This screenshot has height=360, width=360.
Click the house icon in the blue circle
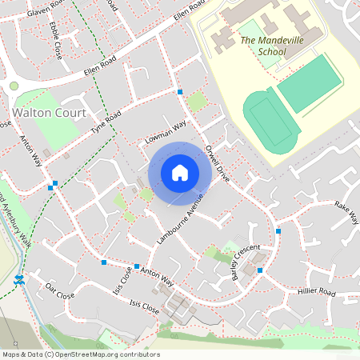click(x=180, y=172)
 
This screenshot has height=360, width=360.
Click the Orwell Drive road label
click(x=218, y=162)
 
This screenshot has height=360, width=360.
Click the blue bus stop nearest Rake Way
click(x=278, y=231)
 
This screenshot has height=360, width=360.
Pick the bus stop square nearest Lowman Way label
click(x=180, y=93)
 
